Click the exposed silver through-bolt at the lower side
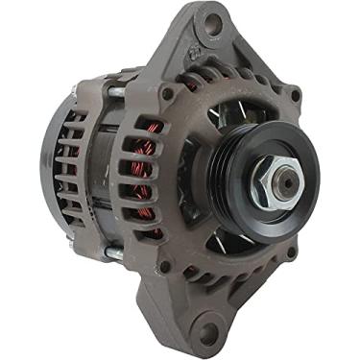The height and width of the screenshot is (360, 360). tap(114, 252)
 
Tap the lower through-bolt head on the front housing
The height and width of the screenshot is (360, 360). tap(164, 266)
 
